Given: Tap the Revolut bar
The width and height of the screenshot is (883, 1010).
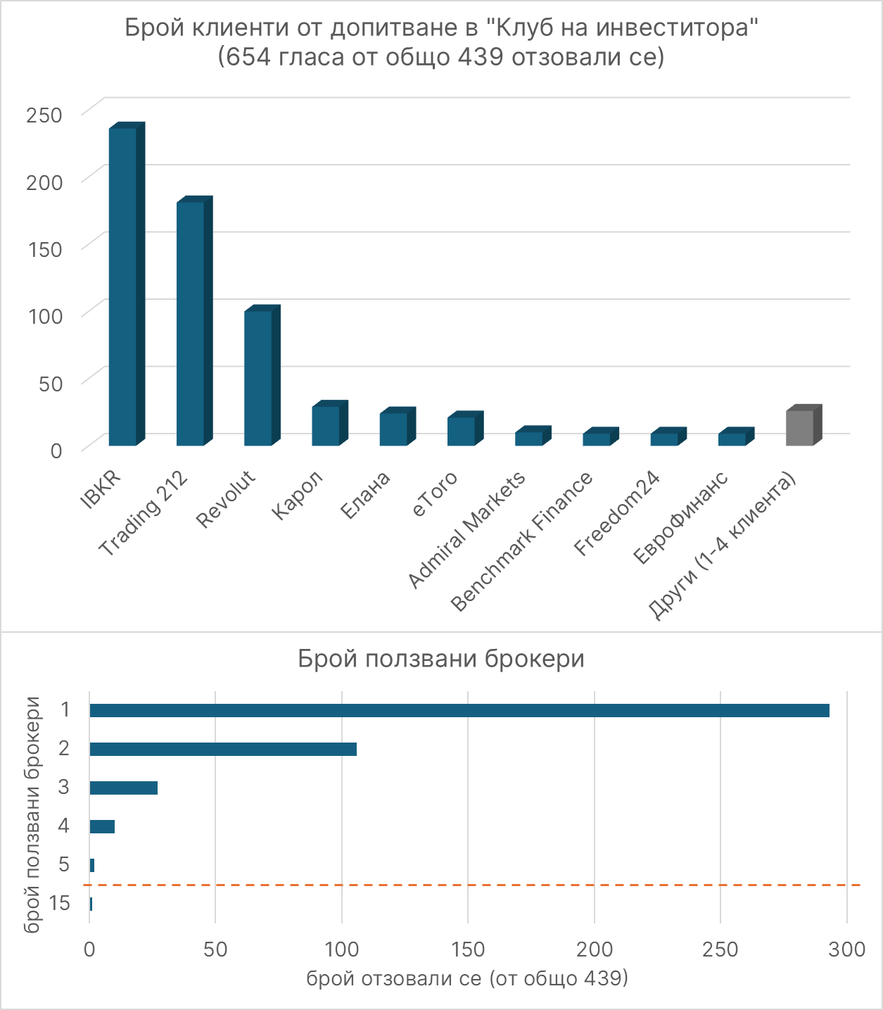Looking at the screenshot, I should pyautogui.click(x=258, y=377).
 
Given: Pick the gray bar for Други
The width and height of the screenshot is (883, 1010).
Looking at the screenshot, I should pyautogui.click(x=800, y=427).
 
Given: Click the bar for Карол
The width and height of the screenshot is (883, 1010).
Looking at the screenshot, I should pyautogui.click(x=326, y=425).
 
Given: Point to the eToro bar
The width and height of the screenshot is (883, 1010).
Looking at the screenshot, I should pyautogui.click(x=462, y=431).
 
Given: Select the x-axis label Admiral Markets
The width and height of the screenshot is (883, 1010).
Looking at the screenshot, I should pyautogui.click(x=467, y=529).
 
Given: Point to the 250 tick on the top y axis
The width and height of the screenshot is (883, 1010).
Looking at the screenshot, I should pyautogui.click(x=44, y=114).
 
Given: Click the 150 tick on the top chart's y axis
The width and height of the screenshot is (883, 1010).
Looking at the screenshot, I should pyautogui.click(x=44, y=248).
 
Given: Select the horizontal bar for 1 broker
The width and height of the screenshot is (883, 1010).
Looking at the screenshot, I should pyautogui.click(x=459, y=710).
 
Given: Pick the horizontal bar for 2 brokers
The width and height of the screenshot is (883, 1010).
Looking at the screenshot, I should pyautogui.click(x=223, y=749).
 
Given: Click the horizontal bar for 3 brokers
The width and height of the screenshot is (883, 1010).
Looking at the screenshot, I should pyautogui.click(x=123, y=788).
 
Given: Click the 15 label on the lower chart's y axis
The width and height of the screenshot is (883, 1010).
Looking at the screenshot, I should pyautogui.click(x=61, y=902).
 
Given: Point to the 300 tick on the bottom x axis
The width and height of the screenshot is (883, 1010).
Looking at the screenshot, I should pyautogui.click(x=846, y=949).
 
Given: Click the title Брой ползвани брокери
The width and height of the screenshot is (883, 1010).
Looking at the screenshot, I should pyautogui.click(x=441, y=659).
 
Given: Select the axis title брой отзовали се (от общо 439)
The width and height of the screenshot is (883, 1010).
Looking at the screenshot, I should pyautogui.click(x=466, y=978).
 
